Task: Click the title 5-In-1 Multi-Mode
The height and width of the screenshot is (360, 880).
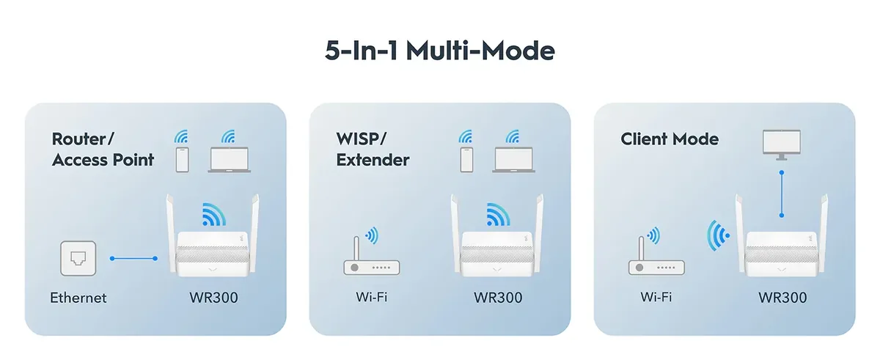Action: (x=439, y=51)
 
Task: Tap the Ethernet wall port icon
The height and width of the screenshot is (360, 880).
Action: (x=78, y=258)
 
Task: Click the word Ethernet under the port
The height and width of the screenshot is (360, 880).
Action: (x=78, y=298)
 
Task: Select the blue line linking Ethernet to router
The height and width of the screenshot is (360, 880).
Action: (x=133, y=258)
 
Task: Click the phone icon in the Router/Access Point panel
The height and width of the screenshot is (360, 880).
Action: (x=183, y=160)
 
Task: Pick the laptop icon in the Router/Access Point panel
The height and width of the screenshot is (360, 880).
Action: (x=230, y=160)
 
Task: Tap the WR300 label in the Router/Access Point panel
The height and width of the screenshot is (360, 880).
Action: (x=213, y=298)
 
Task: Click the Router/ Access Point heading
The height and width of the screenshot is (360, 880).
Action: (x=103, y=150)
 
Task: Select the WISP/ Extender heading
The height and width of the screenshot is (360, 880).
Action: (x=373, y=150)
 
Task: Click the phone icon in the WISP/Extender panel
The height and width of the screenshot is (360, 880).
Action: (x=466, y=160)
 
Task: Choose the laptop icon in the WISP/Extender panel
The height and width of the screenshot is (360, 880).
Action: (x=514, y=160)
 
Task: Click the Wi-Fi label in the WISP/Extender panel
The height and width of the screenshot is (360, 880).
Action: (x=372, y=297)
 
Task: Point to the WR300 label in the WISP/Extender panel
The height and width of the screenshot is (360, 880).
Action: (x=498, y=298)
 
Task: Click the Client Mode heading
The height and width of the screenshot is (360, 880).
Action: (x=670, y=139)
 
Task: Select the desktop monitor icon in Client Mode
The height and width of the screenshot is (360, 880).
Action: (x=782, y=145)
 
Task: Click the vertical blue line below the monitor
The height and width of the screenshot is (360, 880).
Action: (x=782, y=194)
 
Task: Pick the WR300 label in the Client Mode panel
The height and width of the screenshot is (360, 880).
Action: (x=782, y=298)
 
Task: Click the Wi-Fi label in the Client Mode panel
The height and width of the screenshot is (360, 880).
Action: (x=656, y=297)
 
